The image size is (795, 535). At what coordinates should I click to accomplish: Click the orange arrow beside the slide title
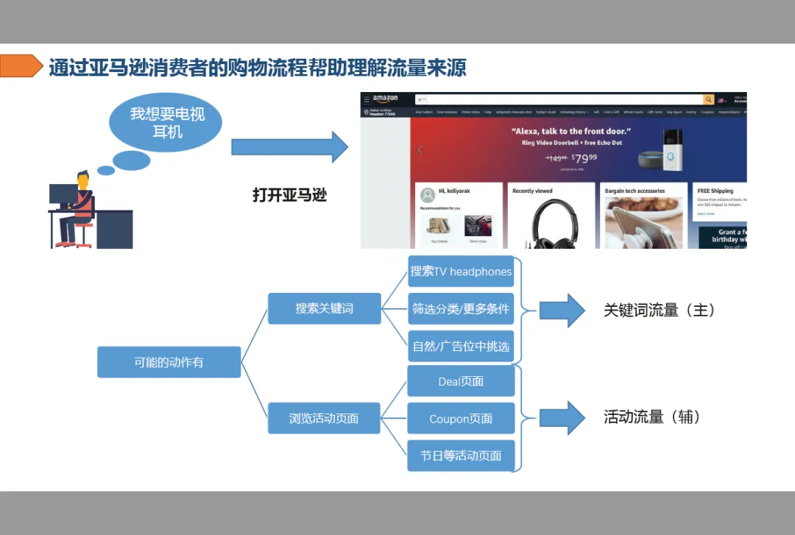(x=21, y=66)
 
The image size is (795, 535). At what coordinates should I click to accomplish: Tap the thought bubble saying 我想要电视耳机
(x=166, y=123)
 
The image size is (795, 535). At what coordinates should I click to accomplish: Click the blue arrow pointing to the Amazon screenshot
(x=289, y=146)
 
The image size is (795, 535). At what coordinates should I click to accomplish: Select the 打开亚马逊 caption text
(x=289, y=196)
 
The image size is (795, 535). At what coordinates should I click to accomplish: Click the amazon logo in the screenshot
(x=385, y=99)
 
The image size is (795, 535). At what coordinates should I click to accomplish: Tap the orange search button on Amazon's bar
(x=708, y=99)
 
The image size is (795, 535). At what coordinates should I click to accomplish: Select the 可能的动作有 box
(x=169, y=362)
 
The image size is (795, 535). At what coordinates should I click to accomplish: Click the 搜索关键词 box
(x=324, y=308)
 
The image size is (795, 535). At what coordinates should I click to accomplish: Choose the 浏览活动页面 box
(x=324, y=418)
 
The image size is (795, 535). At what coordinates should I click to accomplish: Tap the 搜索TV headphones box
(x=461, y=272)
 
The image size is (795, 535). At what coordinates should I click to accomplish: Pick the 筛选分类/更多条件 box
(x=461, y=309)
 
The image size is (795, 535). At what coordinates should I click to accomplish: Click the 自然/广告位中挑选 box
(x=461, y=346)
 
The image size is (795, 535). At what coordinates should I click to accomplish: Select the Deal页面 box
(x=461, y=381)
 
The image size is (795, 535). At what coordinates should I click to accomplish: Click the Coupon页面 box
(x=461, y=419)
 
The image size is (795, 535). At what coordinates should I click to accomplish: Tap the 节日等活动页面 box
(x=461, y=456)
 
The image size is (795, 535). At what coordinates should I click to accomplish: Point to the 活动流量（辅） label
(x=652, y=417)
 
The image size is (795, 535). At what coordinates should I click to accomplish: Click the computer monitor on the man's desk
(x=62, y=195)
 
